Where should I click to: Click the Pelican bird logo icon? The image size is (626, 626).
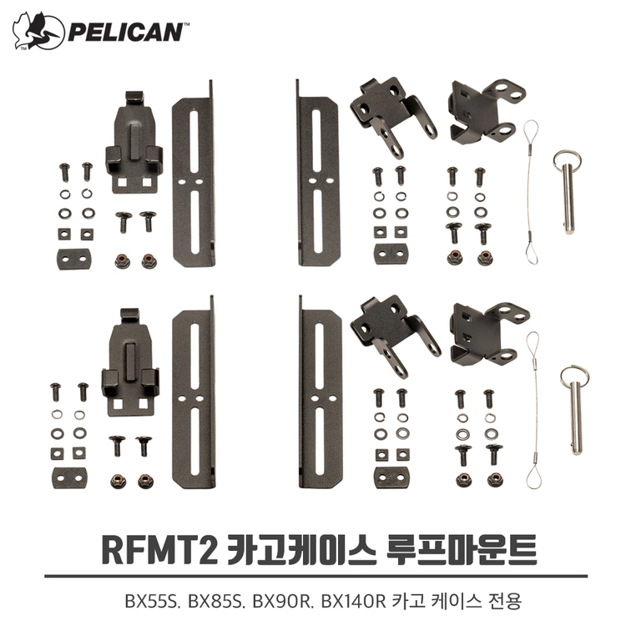pos(38,31)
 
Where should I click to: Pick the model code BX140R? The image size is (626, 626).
pos(353,601)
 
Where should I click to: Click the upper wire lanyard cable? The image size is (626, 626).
pos(531,192)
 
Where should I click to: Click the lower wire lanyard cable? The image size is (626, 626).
pos(534,410)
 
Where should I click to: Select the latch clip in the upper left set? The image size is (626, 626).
pos(134,143)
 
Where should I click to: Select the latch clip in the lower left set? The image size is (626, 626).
pos(130,361)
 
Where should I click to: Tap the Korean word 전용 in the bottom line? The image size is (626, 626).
pos(505,601)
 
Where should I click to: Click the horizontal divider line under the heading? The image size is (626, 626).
pos(316,576)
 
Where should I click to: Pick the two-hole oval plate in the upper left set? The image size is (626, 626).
pos(73,259)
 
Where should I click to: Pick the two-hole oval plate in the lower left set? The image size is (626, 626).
pos(70,478)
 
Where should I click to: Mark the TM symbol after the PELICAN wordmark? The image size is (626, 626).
pos(186,24)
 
